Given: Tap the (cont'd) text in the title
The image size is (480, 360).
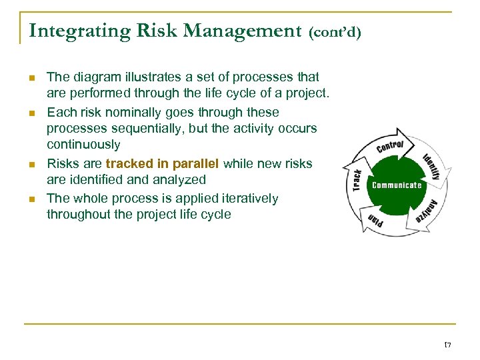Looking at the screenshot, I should click(x=335, y=32).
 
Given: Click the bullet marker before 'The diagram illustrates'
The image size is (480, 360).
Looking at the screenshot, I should click(x=33, y=78).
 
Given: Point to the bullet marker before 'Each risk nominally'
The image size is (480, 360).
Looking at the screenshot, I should click(x=33, y=113).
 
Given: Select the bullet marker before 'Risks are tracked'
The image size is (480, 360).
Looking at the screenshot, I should click(x=33, y=164).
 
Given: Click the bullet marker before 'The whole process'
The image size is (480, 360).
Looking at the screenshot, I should click(x=33, y=199).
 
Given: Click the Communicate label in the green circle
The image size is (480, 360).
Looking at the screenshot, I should click(x=397, y=185).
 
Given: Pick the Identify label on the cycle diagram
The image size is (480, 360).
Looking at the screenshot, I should click(x=432, y=167).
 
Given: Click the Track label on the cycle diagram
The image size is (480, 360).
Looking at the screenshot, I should click(x=357, y=180).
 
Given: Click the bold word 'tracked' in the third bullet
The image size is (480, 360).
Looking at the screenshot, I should click(x=128, y=164).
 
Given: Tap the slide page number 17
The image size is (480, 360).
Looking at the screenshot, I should click(x=447, y=345).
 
